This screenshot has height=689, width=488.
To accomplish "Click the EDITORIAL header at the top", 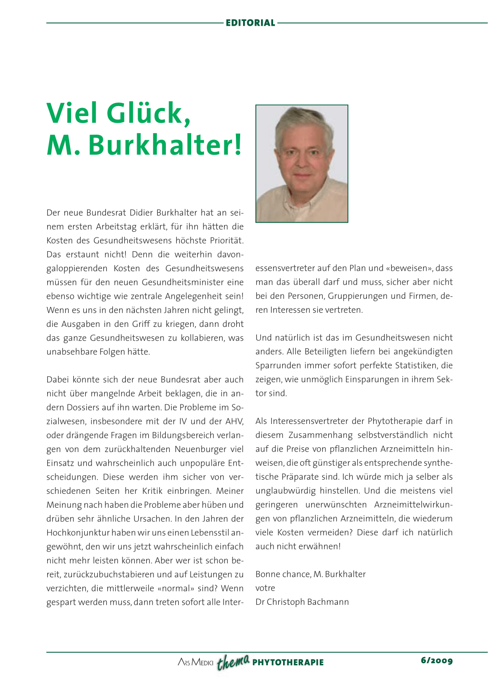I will point(250,23).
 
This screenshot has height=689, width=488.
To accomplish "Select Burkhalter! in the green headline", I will point(165,145).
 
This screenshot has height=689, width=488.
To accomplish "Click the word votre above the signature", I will point(265,588).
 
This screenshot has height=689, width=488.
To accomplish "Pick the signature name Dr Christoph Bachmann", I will point(302,602).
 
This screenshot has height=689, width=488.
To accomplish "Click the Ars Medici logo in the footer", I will point(195,662).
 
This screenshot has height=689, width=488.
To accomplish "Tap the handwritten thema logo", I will point(233,661).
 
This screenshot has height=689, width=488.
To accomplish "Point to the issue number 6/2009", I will point(437,660).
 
